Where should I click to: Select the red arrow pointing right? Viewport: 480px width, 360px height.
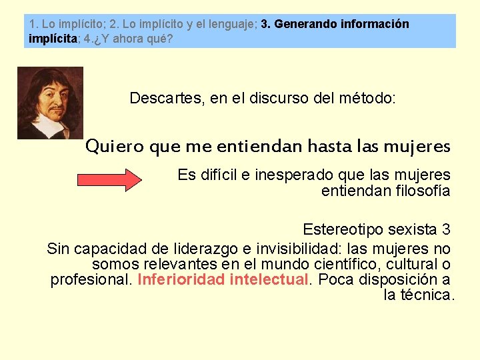pyautogui.click(x=111, y=180)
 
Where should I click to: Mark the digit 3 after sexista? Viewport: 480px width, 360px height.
pyautogui.click(x=445, y=230)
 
